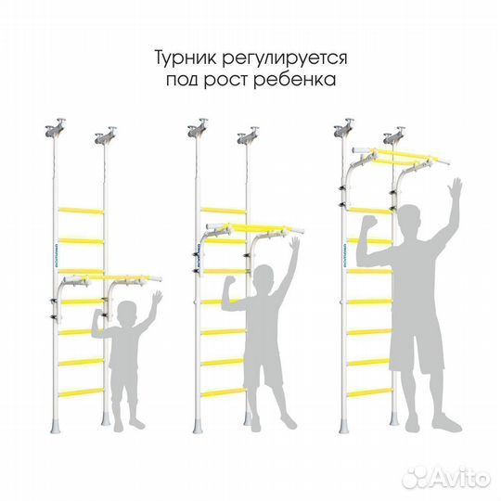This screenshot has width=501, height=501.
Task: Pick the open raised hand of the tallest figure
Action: coord(454,194)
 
